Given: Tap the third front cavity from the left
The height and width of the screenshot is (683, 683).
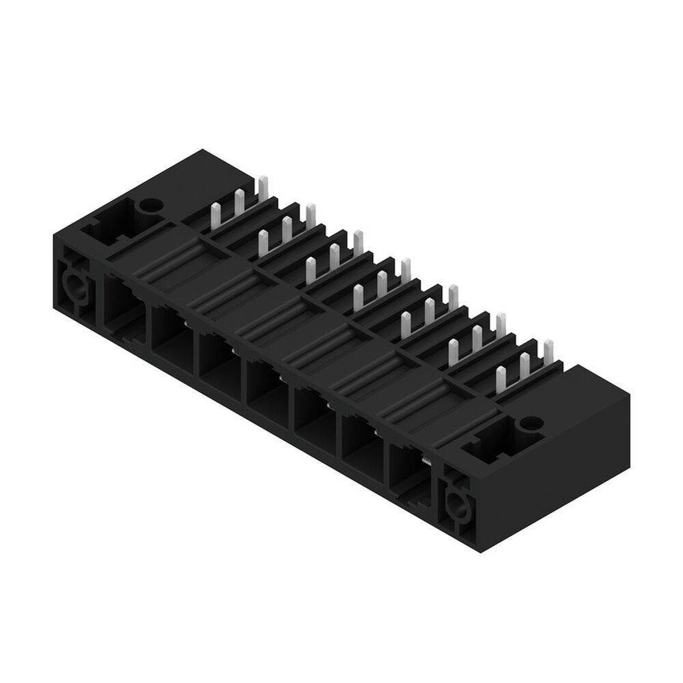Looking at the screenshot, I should coord(219,359).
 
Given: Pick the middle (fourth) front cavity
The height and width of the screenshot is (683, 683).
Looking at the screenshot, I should coord(267,386).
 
